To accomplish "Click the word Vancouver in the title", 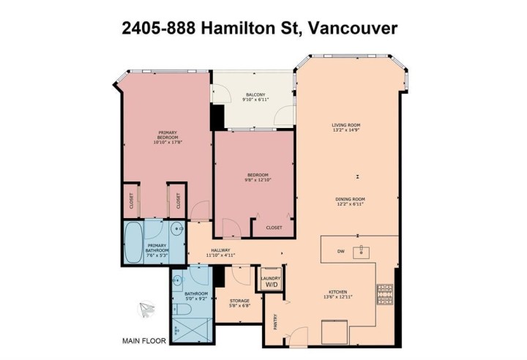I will tap(354, 29).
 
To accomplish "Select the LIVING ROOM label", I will tap(343, 125).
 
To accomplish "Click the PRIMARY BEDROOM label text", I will tap(167, 135).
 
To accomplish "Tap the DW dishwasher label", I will tap(341, 252).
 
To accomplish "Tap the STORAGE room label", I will tap(239, 301).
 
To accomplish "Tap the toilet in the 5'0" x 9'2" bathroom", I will tap(184, 310).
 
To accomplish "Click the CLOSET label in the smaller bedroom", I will tap(274, 228).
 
